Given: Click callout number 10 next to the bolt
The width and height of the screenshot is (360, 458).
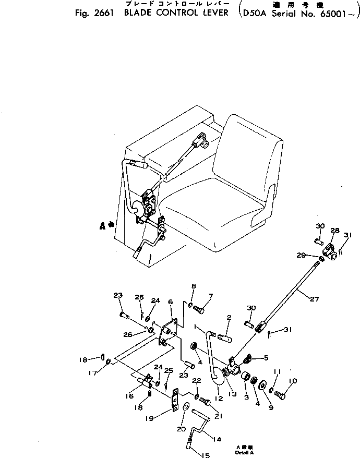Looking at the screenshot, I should (x=292, y=381).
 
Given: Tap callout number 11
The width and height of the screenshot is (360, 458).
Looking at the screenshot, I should (x=277, y=371).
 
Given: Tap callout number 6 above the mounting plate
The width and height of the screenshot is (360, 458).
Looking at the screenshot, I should (x=170, y=302).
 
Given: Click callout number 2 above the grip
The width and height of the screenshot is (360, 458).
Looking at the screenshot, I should (x=229, y=317).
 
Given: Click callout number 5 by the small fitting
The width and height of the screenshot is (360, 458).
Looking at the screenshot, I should (x=266, y=357).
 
